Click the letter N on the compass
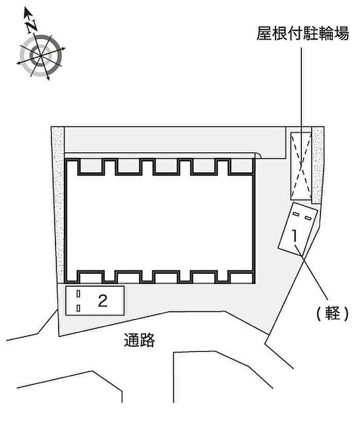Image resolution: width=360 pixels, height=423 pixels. pyautogui.click(x=32, y=24)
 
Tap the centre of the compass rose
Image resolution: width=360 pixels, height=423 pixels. pyautogui.click(x=40, y=54)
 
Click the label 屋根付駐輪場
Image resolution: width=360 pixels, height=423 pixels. pyautogui.click(x=303, y=34)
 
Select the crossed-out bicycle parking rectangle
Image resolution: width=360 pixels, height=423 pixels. pyautogui.click(x=301, y=166)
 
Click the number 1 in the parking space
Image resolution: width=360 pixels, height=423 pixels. pyautogui.click(x=295, y=236)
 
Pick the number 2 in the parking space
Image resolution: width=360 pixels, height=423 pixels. pyautogui.click(x=103, y=301)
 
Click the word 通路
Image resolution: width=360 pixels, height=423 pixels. pyautogui.click(x=139, y=340)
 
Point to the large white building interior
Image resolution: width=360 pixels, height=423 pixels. pyautogui.click(x=159, y=221)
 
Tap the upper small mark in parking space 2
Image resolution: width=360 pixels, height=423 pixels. pyautogui.click(x=78, y=293)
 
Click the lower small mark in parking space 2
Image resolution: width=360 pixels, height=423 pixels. pyautogui.click(x=78, y=308)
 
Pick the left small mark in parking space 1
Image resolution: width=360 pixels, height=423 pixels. pyautogui.click(x=296, y=212)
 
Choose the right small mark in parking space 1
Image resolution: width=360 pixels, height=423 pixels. pyautogui.click(x=308, y=218)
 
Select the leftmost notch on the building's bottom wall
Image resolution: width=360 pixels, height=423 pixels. pyautogui.click(x=91, y=276)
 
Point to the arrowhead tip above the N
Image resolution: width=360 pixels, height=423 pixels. pyautogui.click(x=27, y=10)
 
